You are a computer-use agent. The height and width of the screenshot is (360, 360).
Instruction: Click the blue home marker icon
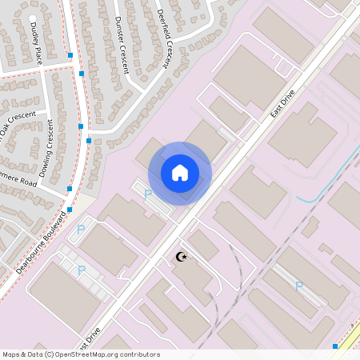180,173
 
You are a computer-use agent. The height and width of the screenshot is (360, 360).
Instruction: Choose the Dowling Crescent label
46,148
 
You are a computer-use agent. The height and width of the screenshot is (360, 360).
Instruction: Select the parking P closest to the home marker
147,194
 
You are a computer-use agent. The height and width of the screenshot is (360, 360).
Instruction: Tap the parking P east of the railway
299,286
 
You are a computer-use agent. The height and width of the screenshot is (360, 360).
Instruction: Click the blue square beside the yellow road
334,346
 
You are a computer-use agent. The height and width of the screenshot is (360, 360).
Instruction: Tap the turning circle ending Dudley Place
33,18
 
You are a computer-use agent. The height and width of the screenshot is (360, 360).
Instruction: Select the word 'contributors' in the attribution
139,354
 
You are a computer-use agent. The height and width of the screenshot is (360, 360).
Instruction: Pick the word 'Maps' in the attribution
11,354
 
